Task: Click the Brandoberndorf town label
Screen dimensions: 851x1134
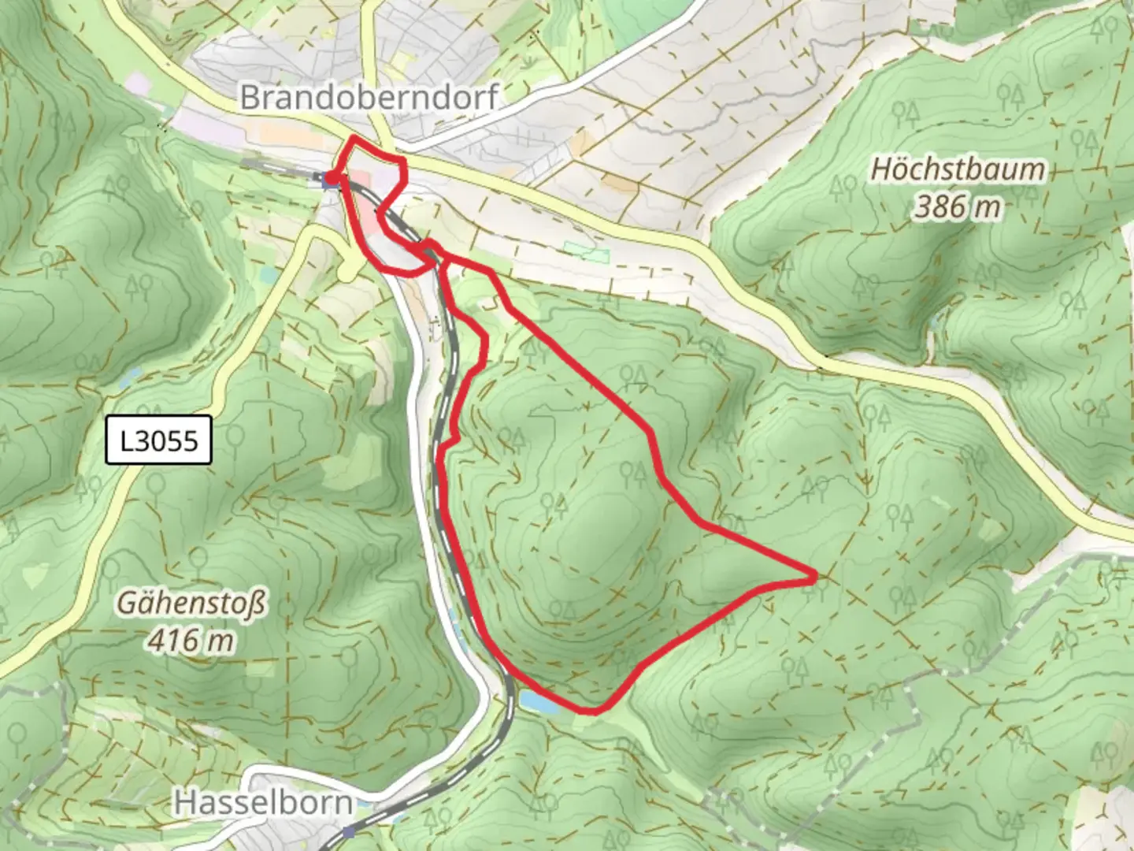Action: (369, 97)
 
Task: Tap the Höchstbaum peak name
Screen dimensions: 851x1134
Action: (958, 169)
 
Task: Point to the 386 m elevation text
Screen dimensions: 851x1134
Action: (958, 206)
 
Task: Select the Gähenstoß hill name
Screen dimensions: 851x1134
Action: (191, 604)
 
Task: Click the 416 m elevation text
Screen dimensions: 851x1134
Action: (191, 640)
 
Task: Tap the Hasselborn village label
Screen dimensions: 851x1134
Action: (263, 803)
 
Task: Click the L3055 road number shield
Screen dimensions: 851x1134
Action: (159, 440)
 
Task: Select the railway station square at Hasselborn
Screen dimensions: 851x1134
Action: (349, 831)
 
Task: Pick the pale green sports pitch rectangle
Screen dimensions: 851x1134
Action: (587, 253)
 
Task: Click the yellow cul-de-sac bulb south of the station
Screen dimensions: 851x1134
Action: (346, 272)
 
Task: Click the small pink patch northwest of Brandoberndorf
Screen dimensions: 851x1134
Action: (135, 82)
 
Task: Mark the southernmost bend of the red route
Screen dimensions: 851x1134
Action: (592, 711)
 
